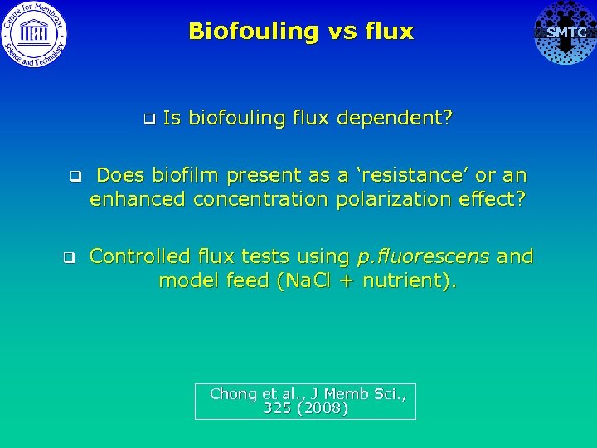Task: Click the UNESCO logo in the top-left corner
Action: (34, 33)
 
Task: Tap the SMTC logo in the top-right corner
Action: (565, 33)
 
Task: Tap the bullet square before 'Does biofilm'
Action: (74, 176)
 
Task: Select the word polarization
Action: (384, 199)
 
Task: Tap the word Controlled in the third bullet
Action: (138, 256)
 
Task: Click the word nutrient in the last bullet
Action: (405, 280)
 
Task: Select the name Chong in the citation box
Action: (234, 394)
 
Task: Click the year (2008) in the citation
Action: (322, 408)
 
